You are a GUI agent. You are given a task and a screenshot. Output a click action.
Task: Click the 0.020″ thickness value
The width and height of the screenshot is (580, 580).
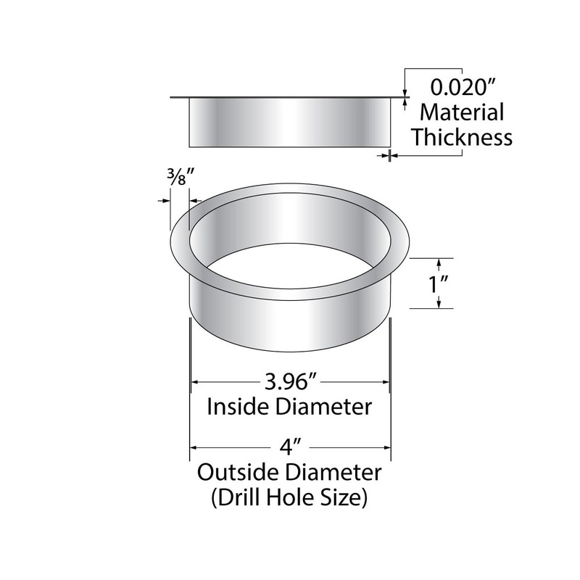pyautogui.click(x=462, y=89)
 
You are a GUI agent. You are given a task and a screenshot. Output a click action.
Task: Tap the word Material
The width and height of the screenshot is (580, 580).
pyautogui.click(x=463, y=113)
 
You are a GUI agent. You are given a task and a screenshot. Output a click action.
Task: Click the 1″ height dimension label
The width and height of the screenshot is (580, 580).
pyautogui.click(x=436, y=283)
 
